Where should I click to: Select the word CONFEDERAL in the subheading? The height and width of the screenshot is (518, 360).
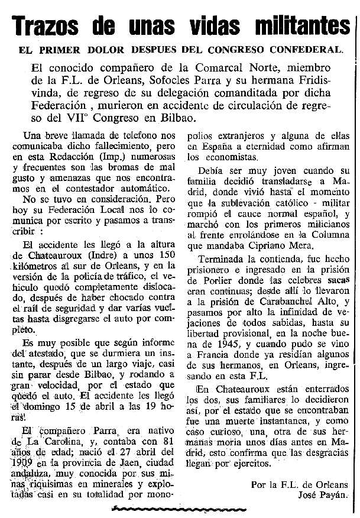point(306,50)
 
